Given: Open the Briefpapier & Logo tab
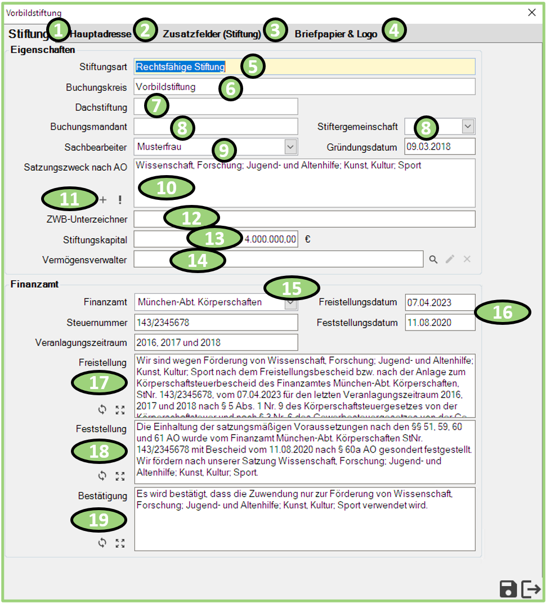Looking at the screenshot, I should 336,34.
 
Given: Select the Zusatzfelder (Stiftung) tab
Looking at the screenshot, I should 212,34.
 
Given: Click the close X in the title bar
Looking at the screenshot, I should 531,12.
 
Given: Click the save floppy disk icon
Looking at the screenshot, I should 508,589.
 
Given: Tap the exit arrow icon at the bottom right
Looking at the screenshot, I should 531,589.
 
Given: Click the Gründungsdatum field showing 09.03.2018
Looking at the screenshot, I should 440,146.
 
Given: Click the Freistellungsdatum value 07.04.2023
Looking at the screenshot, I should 440,302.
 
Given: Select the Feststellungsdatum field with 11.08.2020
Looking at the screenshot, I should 440,323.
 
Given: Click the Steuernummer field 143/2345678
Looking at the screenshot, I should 216,323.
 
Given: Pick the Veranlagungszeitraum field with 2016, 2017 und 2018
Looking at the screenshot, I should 216,342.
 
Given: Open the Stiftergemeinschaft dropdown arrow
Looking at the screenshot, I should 468,127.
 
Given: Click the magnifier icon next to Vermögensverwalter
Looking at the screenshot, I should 433,259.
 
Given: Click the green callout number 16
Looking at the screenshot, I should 502,311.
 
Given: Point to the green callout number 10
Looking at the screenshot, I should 167,187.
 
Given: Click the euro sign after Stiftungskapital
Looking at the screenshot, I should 308,239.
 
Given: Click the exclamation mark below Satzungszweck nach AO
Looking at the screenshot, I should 119,200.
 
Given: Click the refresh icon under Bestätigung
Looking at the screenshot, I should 102,543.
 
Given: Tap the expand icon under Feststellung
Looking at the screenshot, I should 119,476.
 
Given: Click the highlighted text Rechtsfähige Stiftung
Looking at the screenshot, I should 180,67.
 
